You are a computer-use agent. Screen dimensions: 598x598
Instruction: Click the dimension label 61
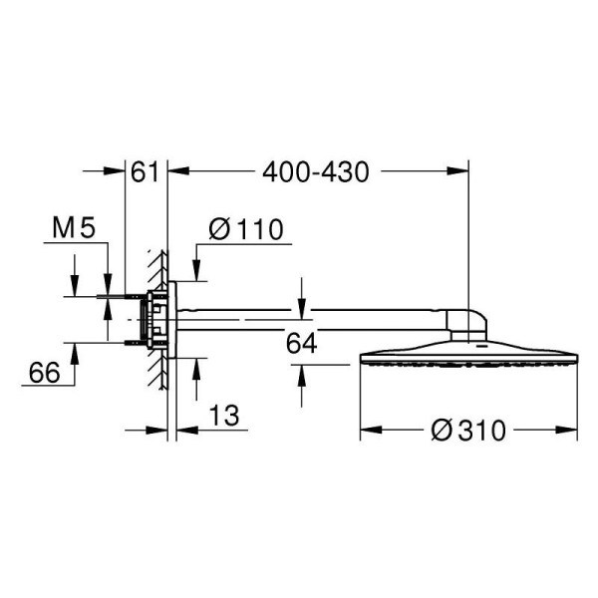tap(146, 172)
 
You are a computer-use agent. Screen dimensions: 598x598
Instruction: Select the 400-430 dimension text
tap(316, 172)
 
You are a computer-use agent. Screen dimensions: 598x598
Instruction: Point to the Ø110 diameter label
tap(246, 230)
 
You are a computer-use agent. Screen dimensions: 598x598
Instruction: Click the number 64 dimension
tap(301, 344)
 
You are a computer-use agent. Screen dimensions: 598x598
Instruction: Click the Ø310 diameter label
tap(468, 431)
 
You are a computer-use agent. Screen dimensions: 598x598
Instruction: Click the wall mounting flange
tap(171, 319)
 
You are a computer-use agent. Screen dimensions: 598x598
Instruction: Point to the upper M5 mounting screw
tap(125, 296)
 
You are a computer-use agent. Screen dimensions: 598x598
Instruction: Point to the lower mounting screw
tap(125, 343)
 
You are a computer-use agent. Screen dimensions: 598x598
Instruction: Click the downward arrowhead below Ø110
tap(195, 272)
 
